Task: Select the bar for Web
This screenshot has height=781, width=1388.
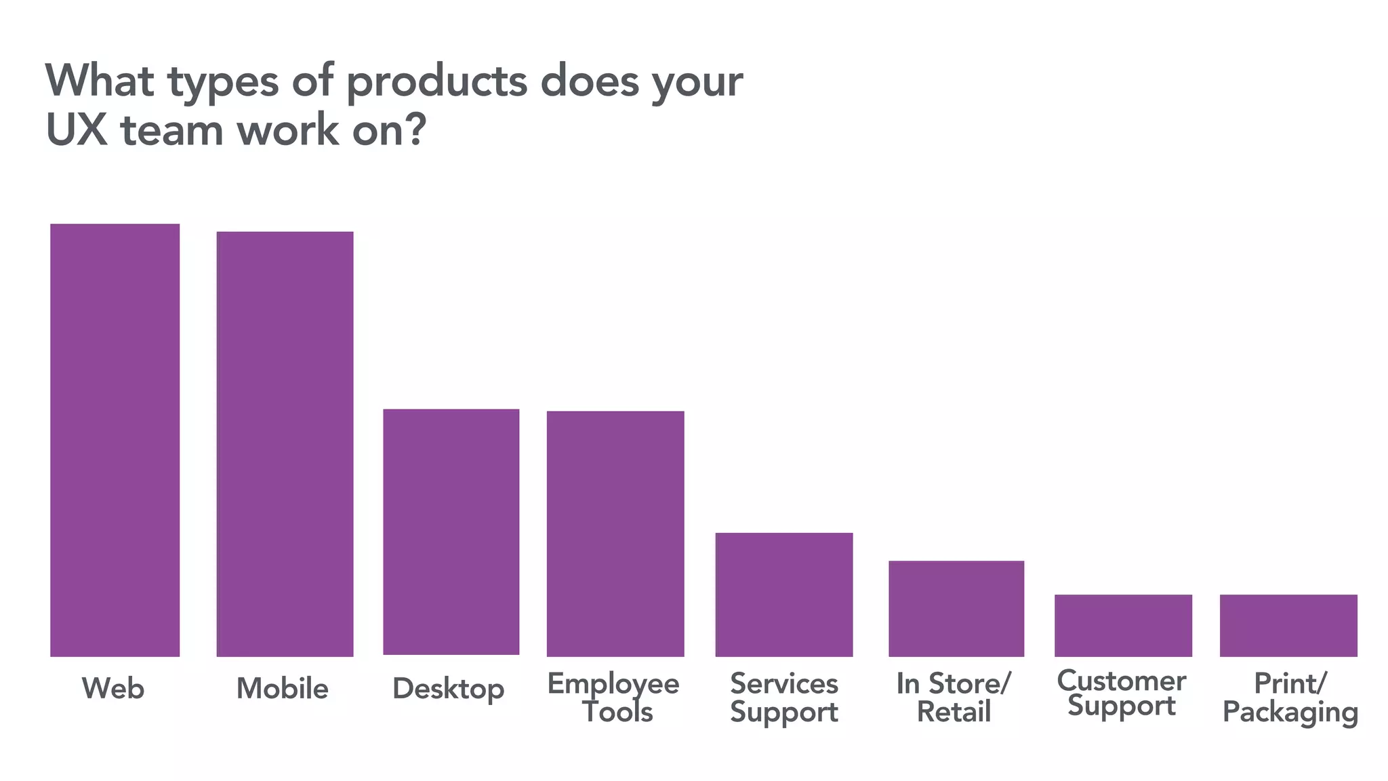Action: coord(115,440)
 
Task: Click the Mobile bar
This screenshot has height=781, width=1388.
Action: coord(285,444)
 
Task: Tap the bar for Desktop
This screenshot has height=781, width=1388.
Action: coord(451,532)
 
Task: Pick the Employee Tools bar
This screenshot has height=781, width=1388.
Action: coord(615,534)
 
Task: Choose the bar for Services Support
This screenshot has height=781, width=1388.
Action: coord(784,595)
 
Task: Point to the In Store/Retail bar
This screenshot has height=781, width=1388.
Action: coord(956,608)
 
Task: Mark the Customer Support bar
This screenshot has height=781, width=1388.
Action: coord(1123,625)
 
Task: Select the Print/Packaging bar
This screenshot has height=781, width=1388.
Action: coord(1288,625)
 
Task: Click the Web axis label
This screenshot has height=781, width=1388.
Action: coord(113,689)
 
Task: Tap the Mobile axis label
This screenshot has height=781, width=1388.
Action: coord(282,689)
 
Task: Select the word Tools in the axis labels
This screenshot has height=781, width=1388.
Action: coord(617,712)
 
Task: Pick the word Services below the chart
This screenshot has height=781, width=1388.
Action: coord(784,683)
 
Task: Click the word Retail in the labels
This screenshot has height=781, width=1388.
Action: coord(954,712)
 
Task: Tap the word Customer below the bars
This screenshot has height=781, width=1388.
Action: coord(1121,681)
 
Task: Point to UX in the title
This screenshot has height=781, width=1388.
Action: coord(77,129)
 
